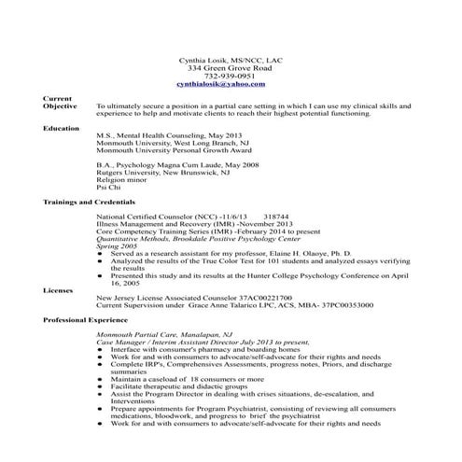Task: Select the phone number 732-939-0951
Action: tap(231, 77)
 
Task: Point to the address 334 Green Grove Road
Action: tap(231, 68)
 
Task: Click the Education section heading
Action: tap(62, 127)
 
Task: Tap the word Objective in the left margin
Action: tap(61, 106)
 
